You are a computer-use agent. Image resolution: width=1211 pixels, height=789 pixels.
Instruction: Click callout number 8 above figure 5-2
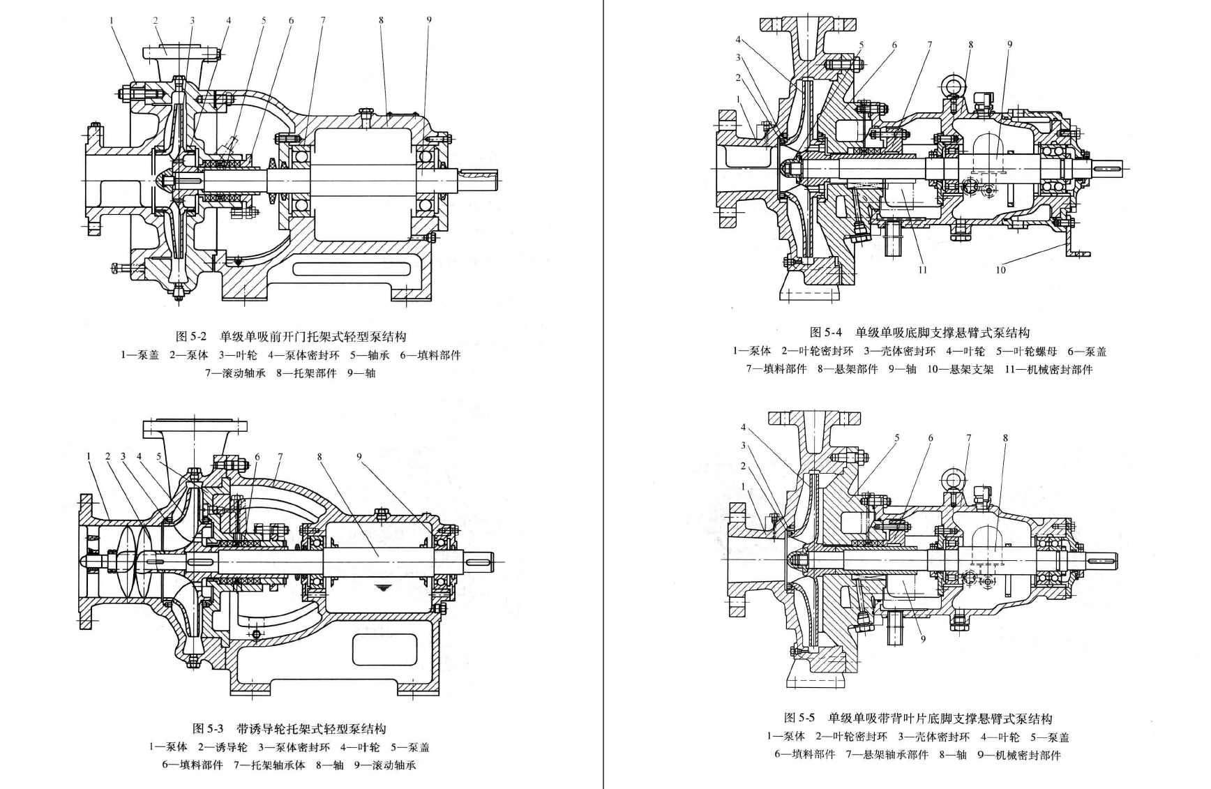tap(381, 20)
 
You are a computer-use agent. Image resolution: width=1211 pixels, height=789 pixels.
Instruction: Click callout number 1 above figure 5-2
tap(111, 20)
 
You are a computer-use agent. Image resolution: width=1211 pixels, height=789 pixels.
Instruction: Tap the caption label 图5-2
tap(191, 337)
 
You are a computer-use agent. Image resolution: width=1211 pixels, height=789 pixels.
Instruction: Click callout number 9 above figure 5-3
tap(359, 457)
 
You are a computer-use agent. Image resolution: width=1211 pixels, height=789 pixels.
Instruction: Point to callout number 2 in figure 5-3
tap(107, 457)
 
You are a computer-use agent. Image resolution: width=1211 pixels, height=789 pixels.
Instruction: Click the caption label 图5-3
tap(208, 729)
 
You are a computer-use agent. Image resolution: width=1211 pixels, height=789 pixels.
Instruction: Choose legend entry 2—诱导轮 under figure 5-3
tap(222, 747)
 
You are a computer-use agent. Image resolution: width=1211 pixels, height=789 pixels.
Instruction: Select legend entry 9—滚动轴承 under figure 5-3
tap(385, 765)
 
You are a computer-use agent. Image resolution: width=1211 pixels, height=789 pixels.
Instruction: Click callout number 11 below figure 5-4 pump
tap(922, 270)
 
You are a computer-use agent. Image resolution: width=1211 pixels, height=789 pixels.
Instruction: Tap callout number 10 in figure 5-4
tap(1000, 270)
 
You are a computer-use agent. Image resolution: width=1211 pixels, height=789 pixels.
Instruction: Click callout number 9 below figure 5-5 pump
tap(923, 638)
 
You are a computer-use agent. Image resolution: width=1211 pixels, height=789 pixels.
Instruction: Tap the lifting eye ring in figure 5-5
tap(952, 479)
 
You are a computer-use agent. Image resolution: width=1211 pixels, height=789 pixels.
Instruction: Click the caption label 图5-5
tap(799, 718)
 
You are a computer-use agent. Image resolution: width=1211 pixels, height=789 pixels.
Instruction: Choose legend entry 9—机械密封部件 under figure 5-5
tap(1019, 755)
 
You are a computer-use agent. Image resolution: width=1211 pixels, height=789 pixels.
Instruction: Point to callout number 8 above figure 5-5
tap(1005, 438)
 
